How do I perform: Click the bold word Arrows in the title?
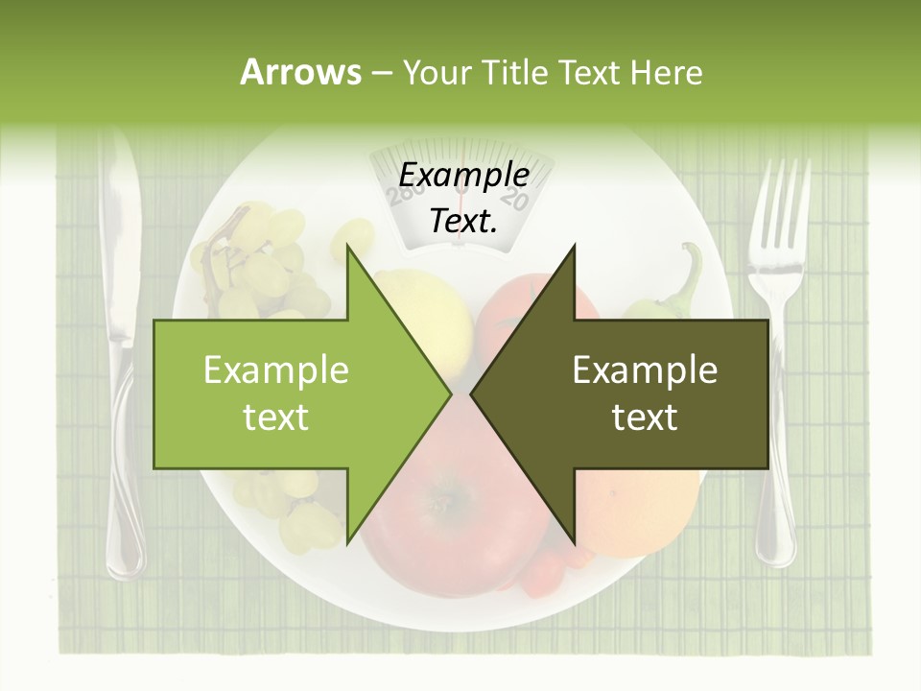(x=300, y=72)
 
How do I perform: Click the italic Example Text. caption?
(x=463, y=198)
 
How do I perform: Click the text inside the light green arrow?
(x=276, y=393)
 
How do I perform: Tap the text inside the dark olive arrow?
(x=645, y=393)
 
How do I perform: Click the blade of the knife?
(x=119, y=240)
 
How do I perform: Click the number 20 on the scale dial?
(x=514, y=201)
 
